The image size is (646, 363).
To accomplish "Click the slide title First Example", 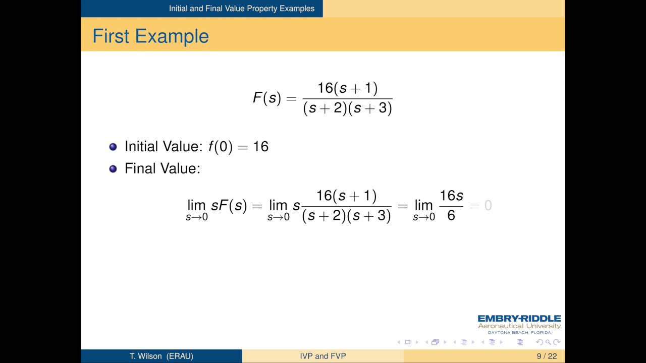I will coord(150,36).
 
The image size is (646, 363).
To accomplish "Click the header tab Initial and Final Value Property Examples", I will coord(242,9).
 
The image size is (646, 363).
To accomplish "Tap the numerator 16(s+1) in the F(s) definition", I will coord(347,88).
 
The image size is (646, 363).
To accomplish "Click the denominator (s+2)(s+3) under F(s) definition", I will coord(347,108).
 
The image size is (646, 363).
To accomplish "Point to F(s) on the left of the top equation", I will coord(266,98).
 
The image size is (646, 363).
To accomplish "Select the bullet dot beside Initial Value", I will coord(113,147).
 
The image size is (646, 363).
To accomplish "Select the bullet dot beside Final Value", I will coord(113,168).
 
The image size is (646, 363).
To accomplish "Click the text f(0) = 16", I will coord(238,147).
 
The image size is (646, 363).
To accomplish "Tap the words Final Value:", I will coord(163,168).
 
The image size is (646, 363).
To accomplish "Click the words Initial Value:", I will coord(164,147).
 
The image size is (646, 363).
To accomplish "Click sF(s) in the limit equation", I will coord(229,206).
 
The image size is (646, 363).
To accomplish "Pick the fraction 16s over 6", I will coord(451,206).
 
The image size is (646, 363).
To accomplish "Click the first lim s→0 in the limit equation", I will coord(197,209).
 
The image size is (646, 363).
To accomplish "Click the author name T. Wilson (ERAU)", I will coord(161,356).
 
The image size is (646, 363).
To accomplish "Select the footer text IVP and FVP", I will coord(323,356).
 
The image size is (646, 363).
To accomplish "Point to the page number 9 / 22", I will coord(547,356).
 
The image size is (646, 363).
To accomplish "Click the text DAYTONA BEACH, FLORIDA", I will coord(519,333).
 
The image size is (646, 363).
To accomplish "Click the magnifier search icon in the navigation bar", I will coord(548,342).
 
